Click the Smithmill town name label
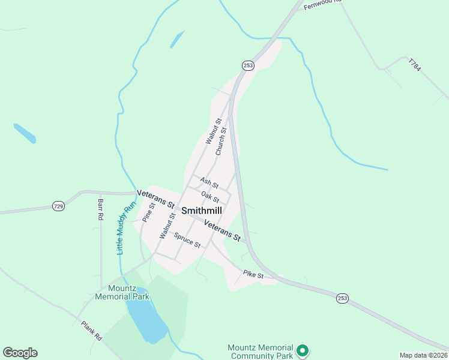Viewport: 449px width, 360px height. pyautogui.click(x=201, y=211)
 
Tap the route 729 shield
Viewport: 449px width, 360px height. pyautogui.click(x=58, y=206)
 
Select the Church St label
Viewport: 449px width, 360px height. pyautogui.click(x=221, y=142)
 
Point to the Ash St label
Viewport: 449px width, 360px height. pyautogui.click(x=209, y=182)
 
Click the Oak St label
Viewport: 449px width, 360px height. pyautogui.click(x=210, y=197)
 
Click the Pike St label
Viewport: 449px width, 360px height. pyautogui.click(x=253, y=275)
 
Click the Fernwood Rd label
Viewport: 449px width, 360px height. pyautogui.click(x=322, y=5)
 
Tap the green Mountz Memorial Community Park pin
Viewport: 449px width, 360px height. pyautogui.click(x=303, y=350)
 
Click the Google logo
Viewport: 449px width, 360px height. pyautogui.click(x=20, y=353)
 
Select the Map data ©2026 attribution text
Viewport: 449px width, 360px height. pyautogui.click(x=424, y=355)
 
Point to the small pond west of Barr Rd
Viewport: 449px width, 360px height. pyautogui.click(x=25, y=133)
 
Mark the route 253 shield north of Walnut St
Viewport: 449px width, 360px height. pyautogui.click(x=248, y=65)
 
